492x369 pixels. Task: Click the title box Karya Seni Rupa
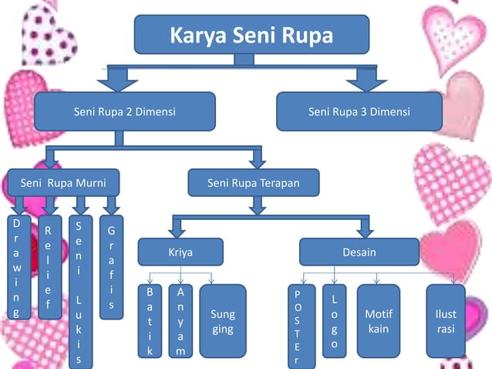pos(251,36)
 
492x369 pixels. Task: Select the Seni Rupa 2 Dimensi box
pos(124,112)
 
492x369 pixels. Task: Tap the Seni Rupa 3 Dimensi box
pos(359,112)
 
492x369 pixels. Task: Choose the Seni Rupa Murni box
pos(64,183)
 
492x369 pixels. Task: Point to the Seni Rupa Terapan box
pos(253,183)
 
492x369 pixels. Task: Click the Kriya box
pos(180,252)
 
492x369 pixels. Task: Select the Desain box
pos(359,252)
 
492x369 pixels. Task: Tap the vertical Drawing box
pos(16,267)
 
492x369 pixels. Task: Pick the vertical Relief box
pos(48,267)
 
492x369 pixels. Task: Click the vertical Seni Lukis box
pos(79,289)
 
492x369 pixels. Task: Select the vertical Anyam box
pos(180,321)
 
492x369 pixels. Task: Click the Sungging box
pos(222,321)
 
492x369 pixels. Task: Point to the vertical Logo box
pos(333,321)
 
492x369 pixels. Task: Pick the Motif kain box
pos(379,321)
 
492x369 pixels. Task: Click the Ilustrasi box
pos(446,321)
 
